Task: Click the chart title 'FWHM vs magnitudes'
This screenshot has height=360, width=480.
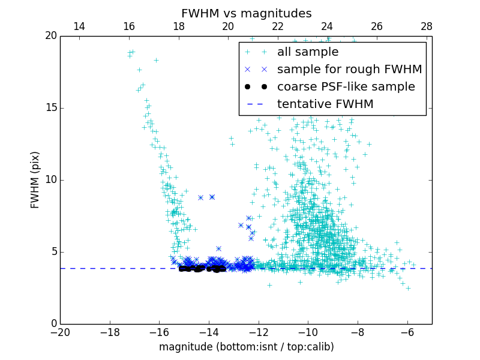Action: click(x=247, y=13)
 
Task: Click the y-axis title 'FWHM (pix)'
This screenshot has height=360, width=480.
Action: click(x=35, y=180)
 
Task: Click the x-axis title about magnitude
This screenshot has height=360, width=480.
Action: click(x=247, y=347)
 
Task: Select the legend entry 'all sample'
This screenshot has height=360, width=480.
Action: click(x=308, y=52)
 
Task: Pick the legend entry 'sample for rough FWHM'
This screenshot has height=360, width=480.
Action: click(x=349, y=70)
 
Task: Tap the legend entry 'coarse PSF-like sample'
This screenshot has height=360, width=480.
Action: click(x=346, y=87)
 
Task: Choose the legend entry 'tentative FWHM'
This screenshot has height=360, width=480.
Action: click(x=325, y=104)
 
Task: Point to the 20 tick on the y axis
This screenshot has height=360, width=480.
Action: click(x=50, y=36)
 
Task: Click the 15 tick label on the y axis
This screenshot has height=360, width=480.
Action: click(x=50, y=108)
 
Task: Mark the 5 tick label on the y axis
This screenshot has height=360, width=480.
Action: click(x=53, y=252)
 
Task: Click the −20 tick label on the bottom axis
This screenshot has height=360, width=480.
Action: click(x=60, y=332)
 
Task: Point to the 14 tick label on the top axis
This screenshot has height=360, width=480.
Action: click(x=79, y=26)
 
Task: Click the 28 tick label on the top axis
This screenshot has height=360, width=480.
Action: click(x=427, y=26)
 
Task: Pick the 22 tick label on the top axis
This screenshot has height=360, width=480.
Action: click(x=277, y=26)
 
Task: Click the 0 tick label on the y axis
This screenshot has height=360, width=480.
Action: click(x=53, y=324)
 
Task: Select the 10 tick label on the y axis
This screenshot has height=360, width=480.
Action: click(x=50, y=180)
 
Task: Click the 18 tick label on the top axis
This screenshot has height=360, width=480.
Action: click(x=178, y=26)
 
